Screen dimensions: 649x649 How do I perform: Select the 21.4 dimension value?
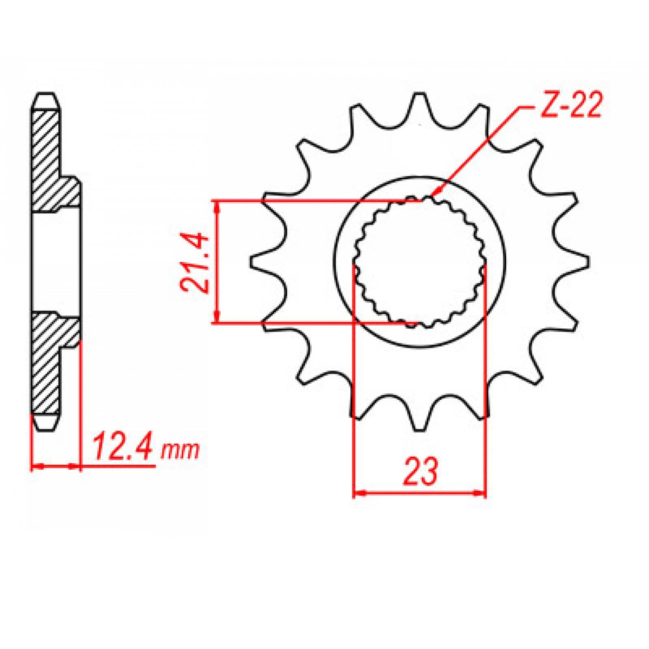194,262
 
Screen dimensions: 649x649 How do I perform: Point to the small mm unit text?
180,451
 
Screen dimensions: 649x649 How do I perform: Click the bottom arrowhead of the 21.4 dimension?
218,319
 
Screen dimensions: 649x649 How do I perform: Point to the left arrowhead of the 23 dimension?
357,494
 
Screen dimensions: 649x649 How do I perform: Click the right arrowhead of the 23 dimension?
483,494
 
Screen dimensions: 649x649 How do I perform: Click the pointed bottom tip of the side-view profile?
45,430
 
